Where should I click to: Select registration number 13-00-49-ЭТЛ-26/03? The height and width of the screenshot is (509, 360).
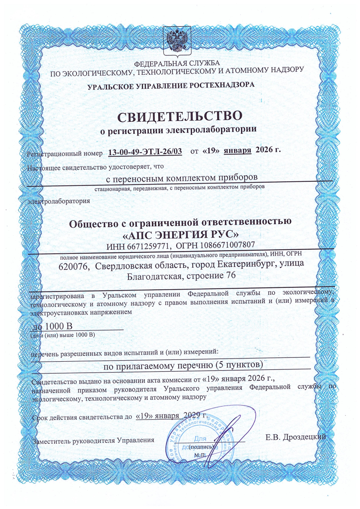(x=146, y=150)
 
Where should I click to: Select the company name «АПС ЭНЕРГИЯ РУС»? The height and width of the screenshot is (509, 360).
(x=180, y=235)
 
